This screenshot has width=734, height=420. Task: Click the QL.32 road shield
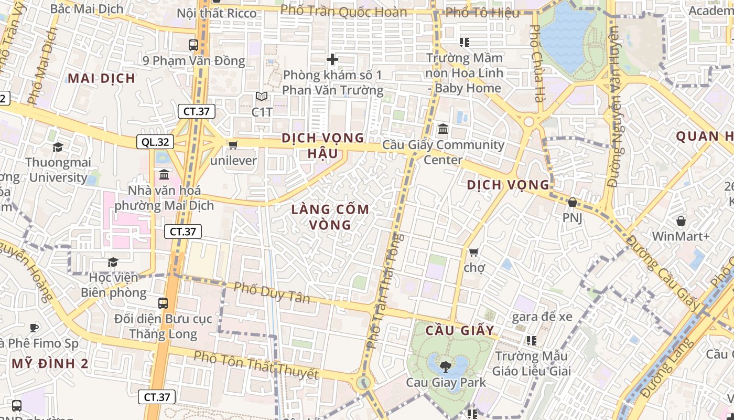point(155,142)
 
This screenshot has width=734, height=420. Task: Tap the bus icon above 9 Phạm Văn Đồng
point(193,45)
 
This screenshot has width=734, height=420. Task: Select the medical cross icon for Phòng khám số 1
point(332,59)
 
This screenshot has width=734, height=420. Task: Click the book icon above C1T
point(262,97)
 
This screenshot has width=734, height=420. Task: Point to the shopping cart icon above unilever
point(233,144)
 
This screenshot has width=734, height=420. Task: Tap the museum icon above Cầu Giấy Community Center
point(443,129)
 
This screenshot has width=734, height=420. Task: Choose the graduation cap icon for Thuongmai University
point(58,147)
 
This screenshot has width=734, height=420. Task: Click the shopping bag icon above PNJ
point(572,202)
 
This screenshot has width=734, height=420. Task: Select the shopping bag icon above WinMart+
point(681,221)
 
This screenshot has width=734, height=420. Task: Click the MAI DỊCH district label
point(102,79)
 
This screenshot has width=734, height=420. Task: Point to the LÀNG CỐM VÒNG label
point(330,217)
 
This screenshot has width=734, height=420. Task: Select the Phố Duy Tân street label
point(272,293)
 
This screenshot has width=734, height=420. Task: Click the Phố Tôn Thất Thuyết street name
point(256,364)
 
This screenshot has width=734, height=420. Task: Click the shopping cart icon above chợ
point(473,253)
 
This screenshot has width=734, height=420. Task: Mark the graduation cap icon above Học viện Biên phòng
point(113,262)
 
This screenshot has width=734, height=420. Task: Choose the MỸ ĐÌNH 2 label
point(50,363)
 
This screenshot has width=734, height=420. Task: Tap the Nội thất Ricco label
point(217,13)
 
